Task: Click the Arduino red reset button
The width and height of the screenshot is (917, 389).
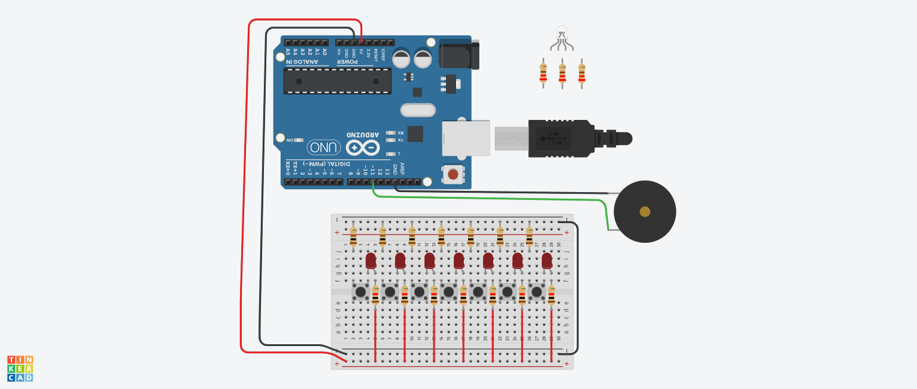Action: click(x=453, y=174)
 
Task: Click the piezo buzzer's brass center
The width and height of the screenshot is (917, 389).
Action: click(x=645, y=211)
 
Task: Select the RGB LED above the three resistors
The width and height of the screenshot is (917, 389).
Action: click(x=561, y=32)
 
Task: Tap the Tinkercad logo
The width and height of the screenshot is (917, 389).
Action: click(x=20, y=369)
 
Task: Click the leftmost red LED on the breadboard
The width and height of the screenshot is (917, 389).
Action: click(x=371, y=260)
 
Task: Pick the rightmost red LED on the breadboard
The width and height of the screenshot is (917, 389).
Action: click(x=547, y=260)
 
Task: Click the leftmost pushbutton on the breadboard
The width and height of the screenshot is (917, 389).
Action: click(x=360, y=292)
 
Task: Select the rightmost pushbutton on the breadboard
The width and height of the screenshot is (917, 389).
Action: click(x=536, y=292)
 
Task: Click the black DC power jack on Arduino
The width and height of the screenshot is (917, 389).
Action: click(x=458, y=55)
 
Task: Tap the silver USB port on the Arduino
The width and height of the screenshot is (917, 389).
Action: click(x=466, y=138)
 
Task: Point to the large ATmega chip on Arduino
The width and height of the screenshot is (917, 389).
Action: click(x=337, y=81)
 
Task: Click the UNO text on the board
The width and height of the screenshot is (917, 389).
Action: click(x=324, y=147)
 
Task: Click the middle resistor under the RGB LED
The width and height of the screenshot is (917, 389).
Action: click(x=562, y=74)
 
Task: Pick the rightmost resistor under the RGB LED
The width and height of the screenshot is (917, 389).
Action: click(x=581, y=74)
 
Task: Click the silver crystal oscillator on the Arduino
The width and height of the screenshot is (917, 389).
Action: click(x=417, y=110)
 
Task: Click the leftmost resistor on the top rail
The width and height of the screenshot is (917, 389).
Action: click(x=353, y=236)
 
